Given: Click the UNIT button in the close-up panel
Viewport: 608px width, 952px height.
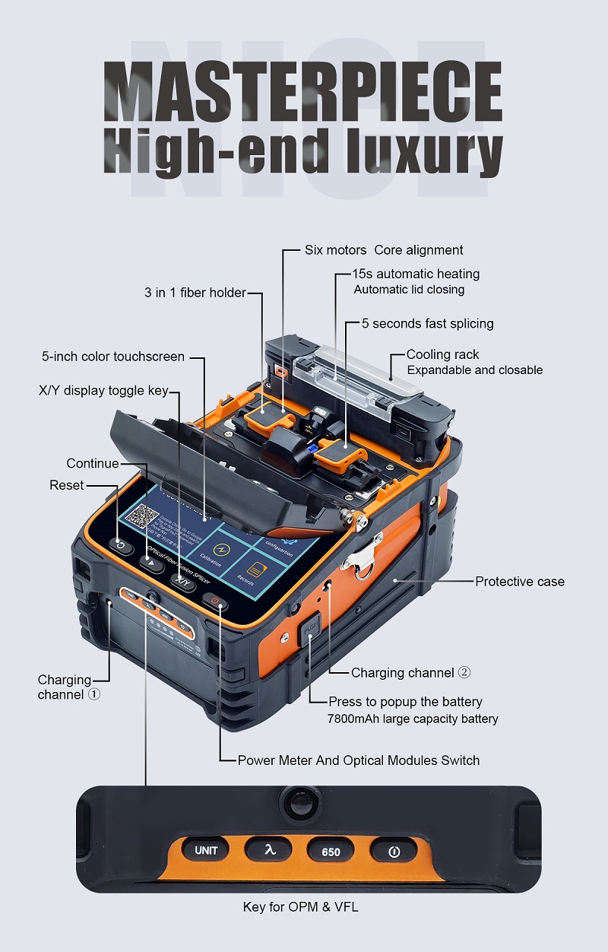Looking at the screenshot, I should coord(206,851).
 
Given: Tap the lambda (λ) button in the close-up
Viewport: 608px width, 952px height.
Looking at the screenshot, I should coord(268,851).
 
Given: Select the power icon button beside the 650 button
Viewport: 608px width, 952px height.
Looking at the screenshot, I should coord(394,852).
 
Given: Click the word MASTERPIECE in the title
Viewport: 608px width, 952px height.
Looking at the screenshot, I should coord(302,90).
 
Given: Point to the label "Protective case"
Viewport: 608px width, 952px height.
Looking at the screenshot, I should coord(520,582).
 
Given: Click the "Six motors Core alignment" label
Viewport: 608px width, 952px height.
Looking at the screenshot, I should coord(384,250).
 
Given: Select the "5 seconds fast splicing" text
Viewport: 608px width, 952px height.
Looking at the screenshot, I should coord(427,324).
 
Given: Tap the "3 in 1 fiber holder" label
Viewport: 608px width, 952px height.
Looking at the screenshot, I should coord(195,293).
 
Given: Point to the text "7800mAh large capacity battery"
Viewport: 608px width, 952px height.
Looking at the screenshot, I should coord(413,719).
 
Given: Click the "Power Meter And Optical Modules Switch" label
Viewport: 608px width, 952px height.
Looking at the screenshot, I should coord(359,760).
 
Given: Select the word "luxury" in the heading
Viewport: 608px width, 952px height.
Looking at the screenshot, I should coord(422,151).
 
